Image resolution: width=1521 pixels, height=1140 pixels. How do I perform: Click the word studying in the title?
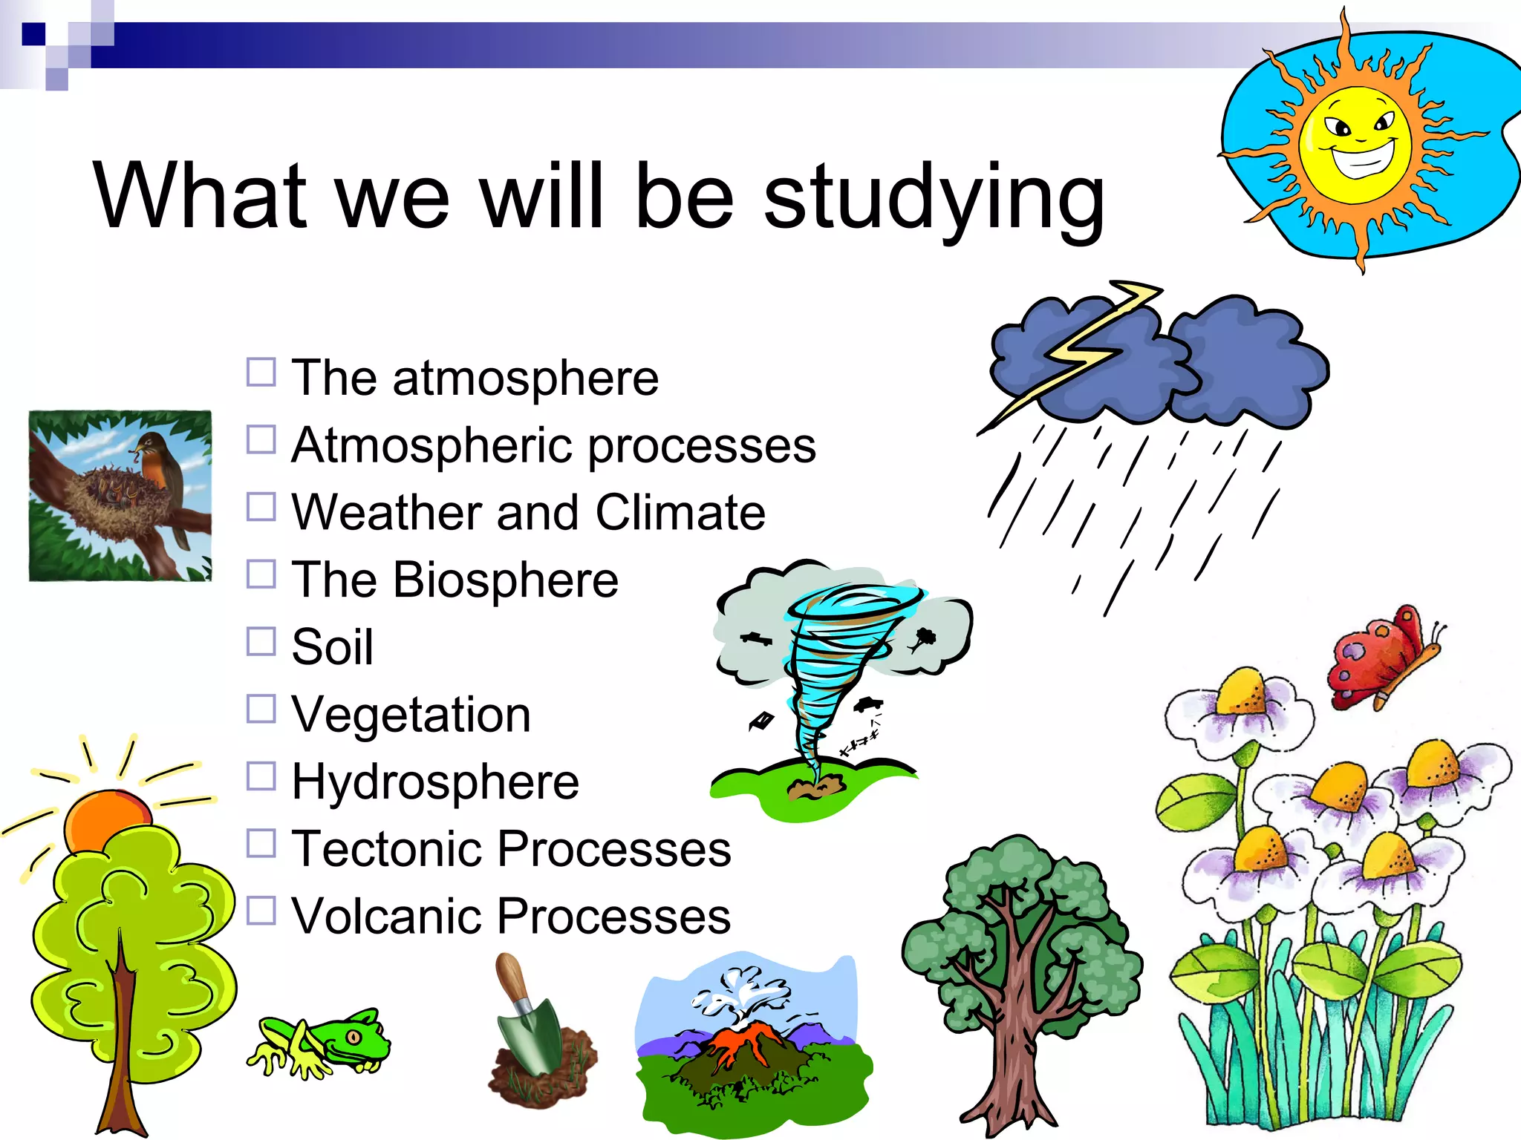coord(934,197)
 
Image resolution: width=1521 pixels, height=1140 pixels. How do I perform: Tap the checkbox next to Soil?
coord(261,642)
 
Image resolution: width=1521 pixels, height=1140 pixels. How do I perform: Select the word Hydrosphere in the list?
coord(435,782)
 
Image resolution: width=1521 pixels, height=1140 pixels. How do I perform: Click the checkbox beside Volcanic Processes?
coord(261,911)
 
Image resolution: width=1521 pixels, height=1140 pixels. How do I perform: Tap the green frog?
coord(327,1043)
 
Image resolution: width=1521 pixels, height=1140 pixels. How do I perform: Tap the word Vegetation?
coord(411,715)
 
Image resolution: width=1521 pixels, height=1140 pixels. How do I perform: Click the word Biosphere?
coord(505,580)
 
